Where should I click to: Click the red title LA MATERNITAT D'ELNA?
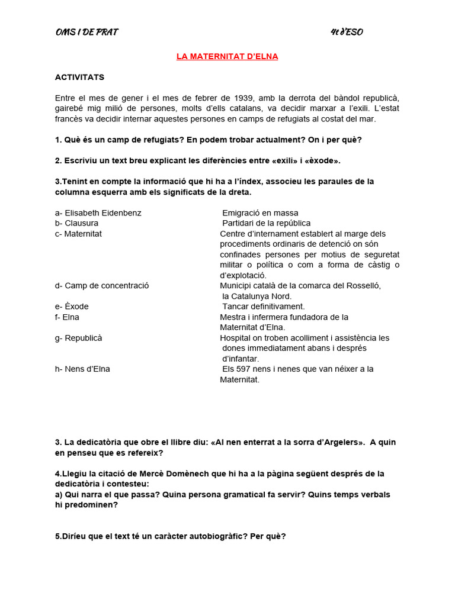point(227,56)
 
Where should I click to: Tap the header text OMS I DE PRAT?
point(86,32)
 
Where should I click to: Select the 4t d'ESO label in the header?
point(347,32)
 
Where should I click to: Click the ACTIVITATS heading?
point(79,77)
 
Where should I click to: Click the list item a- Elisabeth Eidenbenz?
point(98,212)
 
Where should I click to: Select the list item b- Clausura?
point(76,223)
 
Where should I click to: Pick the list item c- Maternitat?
point(78,234)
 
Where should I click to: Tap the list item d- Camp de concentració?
point(102,285)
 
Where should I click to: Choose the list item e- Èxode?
point(72,307)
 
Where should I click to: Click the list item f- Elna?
point(67,317)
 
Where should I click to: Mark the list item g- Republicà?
point(78,338)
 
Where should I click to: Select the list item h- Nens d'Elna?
point(82,369)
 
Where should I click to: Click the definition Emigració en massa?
point(260,212)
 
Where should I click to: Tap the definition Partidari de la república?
point(266,223)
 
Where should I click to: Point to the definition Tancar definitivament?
point(263,307)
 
